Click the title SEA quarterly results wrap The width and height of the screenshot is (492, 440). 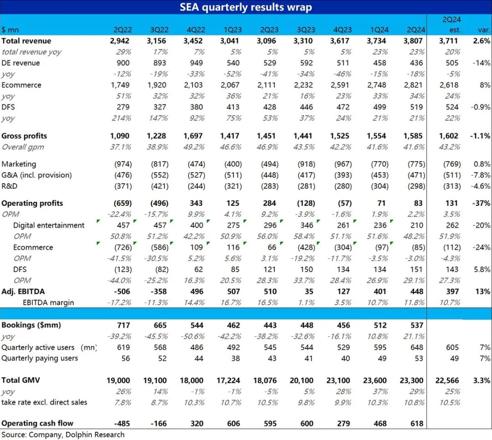246,7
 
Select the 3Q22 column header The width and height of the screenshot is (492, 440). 159,30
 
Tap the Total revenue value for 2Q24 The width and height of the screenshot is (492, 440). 412,41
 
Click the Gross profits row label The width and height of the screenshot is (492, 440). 24,136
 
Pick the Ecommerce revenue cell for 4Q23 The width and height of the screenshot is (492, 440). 342,85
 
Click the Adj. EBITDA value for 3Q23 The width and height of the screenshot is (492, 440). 309,292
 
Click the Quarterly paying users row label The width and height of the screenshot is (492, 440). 40,358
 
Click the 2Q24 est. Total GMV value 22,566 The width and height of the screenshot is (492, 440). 447,380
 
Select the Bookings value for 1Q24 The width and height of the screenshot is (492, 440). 380,325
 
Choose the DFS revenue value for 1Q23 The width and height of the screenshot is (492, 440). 233,107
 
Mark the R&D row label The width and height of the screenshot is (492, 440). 9,186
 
